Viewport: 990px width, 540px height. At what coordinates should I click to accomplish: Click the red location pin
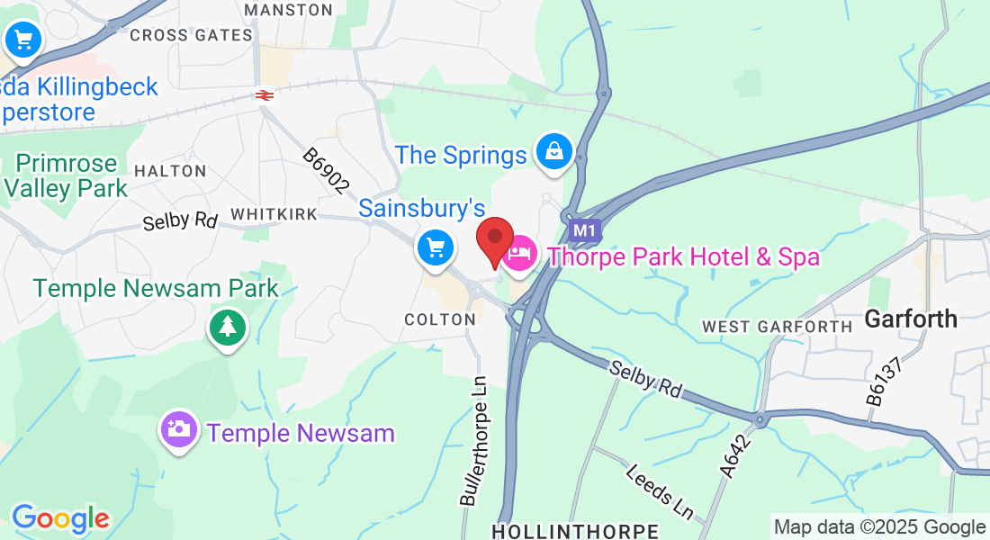pos(494,238)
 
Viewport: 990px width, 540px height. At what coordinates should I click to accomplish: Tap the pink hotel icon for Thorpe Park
pos(518,256)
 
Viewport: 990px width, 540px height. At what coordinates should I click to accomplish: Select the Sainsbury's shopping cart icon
pos(436,247)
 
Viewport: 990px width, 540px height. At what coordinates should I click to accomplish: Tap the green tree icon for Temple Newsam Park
pos(228,328)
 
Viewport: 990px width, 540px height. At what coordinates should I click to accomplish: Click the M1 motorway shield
pos(585,230)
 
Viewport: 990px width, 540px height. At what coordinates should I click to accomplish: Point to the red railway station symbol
pos(264,94)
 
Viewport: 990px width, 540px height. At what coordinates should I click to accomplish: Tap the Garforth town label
pos(911,319)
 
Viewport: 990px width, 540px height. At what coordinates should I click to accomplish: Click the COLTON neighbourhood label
pos(440,319)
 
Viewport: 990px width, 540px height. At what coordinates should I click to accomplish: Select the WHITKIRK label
pos(274,214)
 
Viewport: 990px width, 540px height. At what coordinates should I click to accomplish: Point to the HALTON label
pos(170,170)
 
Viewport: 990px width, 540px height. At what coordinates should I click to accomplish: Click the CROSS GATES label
pos(191,35)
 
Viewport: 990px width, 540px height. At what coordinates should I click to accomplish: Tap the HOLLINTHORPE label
pos(576,529)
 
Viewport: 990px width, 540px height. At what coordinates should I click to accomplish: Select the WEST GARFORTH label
pos(777,326)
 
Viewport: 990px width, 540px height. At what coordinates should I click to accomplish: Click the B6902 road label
pos(325,171)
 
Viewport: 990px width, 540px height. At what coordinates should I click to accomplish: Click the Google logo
pos(60,518)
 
